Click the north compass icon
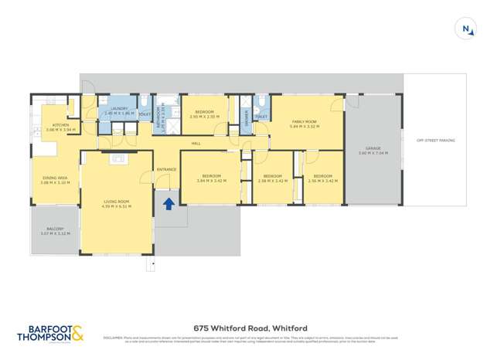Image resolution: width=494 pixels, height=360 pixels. coord(467,29)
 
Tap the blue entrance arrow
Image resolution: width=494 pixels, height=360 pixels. coord(168,205)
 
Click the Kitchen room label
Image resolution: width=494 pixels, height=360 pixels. coord(61,125)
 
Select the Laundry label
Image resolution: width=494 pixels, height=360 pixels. coord(118,109)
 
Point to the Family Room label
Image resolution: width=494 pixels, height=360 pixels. coord(304,121)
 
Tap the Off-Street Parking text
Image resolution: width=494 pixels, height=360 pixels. coord(435,140)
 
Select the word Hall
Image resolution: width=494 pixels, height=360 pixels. coord(196,144)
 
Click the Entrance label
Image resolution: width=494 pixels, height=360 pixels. coord(166,169)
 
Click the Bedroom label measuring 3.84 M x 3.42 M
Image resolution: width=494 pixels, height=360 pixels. coord(209,177)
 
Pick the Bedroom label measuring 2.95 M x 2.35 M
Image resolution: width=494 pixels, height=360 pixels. coord(204,112)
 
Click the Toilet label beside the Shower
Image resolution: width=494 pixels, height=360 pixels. coord(261,116)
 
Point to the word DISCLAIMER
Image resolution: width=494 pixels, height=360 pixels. coord(114,337)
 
